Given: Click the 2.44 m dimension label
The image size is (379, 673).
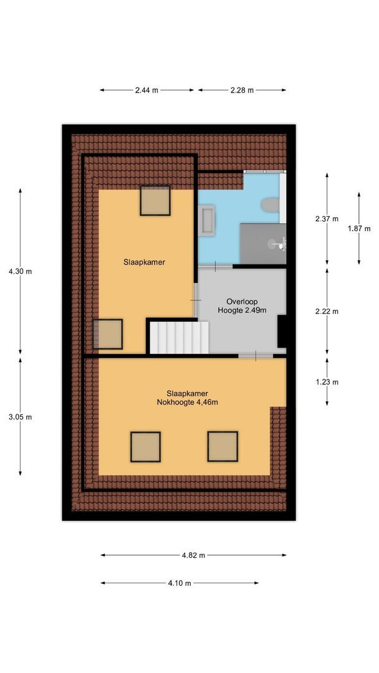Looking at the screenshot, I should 146,90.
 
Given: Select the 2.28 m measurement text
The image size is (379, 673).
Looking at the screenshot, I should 242,90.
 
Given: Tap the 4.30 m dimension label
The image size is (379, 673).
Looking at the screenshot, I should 20,271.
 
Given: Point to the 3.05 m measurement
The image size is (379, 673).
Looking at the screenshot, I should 20,417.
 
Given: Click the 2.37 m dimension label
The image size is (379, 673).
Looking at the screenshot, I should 327,219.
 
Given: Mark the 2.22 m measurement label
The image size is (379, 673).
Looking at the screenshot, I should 327,312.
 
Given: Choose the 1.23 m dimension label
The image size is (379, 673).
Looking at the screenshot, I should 327,382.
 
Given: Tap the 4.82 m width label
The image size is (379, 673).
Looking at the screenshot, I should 193,555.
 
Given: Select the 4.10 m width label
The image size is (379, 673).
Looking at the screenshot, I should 180,583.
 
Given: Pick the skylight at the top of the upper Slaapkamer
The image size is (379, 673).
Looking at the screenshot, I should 155,201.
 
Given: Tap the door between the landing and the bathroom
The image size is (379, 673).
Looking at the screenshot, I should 216,266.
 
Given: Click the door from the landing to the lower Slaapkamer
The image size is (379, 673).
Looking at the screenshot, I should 256,355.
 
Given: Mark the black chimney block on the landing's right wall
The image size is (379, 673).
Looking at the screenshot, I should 282,331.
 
